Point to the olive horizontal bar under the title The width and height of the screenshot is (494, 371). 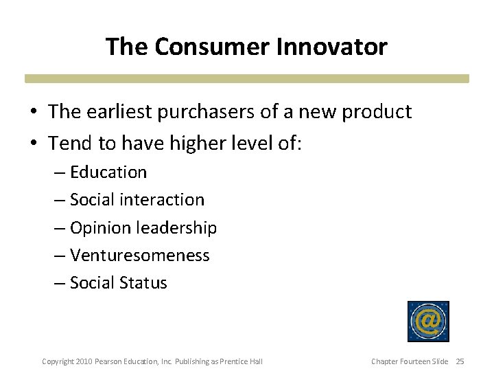click(x=247, y=79)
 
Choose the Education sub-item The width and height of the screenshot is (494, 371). click(x=108, y=172)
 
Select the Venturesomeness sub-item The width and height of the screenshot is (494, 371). click(x=139, y=256)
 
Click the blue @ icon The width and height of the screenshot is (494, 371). click(x=428, y=322)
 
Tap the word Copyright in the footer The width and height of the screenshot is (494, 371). click(x=58, y=361)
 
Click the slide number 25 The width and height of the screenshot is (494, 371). click(x=460, y=361)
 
